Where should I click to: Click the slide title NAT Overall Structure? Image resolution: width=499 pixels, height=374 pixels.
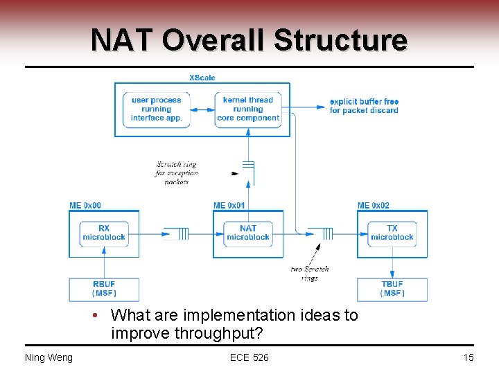click(x=249, y=40)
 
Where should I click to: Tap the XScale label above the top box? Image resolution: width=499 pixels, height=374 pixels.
click(x=202, y=78)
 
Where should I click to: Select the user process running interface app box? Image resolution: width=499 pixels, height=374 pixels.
click(x=157, y=109)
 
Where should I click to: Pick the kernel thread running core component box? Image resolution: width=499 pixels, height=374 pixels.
click(x=248, y=109)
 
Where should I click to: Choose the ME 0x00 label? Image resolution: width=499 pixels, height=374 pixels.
click(x=85, y=206)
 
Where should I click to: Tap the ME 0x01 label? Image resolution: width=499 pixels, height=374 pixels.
click(x=229, y=206)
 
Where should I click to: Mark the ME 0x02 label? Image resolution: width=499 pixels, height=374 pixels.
click(x=374, y=206)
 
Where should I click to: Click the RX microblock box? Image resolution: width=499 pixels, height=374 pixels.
click(x=103, y=233)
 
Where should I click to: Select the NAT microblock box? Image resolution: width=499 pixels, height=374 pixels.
click(x=248, y=233)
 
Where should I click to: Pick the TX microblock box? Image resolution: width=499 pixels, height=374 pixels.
click(x=392, y=233)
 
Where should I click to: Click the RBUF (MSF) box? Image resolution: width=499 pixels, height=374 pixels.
click(x=103, y=289)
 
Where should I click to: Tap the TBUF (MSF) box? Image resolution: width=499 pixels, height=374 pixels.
click(x=392, y=289)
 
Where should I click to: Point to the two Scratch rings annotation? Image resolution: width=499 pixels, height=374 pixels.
click(x=310, y=273)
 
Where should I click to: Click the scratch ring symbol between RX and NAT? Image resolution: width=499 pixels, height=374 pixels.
click(x=181, y=233)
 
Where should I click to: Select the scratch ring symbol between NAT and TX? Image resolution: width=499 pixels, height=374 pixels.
click(x=325, y=233)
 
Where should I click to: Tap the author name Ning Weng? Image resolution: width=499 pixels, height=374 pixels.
click(x=49, y=357)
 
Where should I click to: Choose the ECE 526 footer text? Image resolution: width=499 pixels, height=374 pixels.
click(x=249, y=357)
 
